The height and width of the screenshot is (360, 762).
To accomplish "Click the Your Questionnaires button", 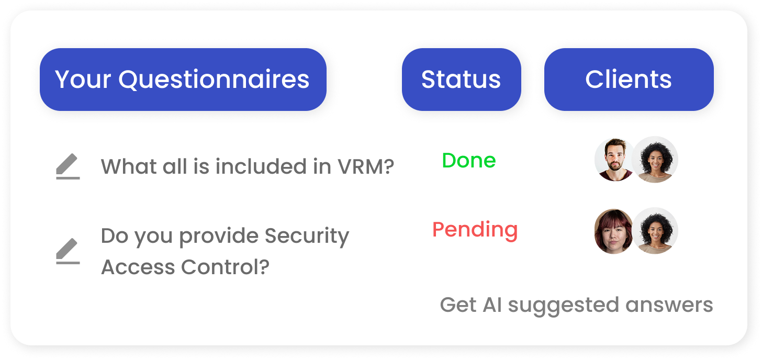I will coord(183,80).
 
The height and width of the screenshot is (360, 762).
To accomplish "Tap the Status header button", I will coord(461,80).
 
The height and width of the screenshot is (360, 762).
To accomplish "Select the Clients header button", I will coord(629,80).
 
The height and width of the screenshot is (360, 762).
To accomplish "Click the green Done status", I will coord(469,160).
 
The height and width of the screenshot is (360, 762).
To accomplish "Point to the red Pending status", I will coord(475,230).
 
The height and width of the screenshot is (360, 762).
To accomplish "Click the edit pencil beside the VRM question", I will coord(68,166).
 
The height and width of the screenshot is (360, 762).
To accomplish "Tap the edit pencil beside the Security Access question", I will coord(68,251).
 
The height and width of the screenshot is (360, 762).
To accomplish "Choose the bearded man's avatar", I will coord(614,160).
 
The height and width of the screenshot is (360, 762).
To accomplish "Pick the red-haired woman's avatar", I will coord(613,231).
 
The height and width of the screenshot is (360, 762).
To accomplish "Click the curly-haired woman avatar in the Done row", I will coord(655,160).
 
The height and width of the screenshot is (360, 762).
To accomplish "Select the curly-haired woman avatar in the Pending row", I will coord(655,231).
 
